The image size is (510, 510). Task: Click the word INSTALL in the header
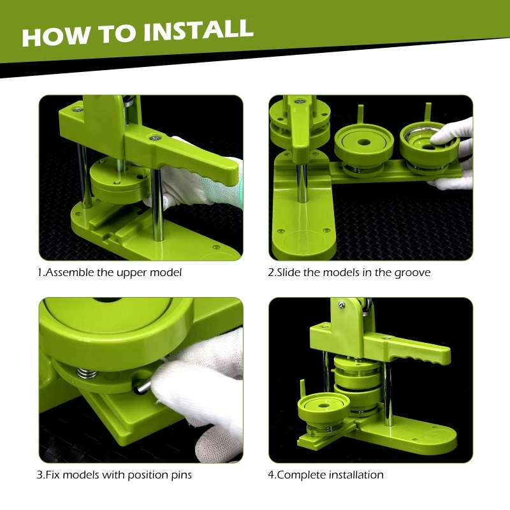(x=198, y=31)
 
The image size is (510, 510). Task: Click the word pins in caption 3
(x=181, y=475)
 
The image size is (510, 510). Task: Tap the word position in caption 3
(x=147, y=475)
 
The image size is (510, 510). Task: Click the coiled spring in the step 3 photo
(x=87, y=373)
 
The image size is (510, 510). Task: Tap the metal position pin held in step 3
(x=142, y=387)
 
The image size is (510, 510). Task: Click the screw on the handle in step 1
(x=155, y=138)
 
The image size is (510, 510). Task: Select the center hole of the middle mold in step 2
(x=363, y=142)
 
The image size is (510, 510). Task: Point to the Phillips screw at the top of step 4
(x=341, y=305)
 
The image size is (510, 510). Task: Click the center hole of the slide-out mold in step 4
(x=323, y=405)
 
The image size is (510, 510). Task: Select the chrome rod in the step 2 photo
(x=302, y=182)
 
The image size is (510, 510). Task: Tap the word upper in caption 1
(x=131, y=273)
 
